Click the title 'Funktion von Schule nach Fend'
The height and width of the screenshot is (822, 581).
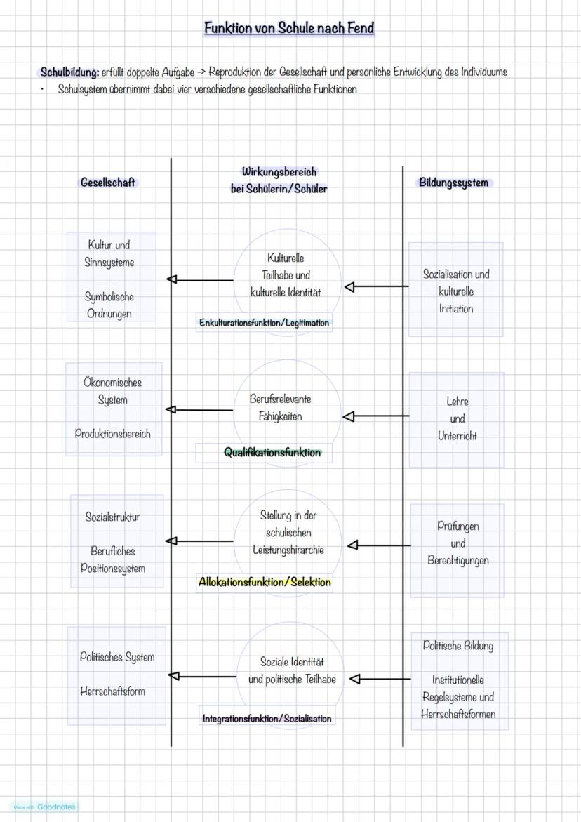[x=289, y=29]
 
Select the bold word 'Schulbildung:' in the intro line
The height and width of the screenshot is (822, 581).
[x=69, y=72]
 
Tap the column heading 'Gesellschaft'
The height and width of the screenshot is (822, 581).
[x=107, y=183]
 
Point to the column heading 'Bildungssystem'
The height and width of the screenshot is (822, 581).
[x=453, y=183]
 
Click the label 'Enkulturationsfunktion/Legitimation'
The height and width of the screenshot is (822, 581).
[x=264, y=323]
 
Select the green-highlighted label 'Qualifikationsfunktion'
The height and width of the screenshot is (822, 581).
[x=272, y=453]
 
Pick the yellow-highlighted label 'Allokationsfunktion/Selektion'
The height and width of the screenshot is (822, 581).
[x=265, y=582]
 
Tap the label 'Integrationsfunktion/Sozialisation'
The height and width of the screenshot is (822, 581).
[x=267, y=718]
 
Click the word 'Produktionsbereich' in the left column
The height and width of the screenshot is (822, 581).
[x=113, y=434]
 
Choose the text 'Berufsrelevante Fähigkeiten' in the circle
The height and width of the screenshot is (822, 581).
[x=280, y=407]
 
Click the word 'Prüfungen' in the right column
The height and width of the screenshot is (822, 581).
[x=458, y=526]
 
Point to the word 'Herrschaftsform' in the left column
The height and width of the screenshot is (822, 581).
[x=112, y=691]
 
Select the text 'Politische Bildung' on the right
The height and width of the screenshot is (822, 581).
[x=458, y=646]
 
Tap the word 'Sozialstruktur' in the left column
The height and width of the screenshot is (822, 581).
[x=113, y=517]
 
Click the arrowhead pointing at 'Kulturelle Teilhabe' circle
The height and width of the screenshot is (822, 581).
[x=349, y=287]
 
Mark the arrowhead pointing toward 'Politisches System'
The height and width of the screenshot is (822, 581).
[x=173, y=676]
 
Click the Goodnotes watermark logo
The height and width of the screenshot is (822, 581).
[x=44, y=807]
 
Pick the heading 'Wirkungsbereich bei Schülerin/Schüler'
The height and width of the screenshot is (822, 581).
[x=279, y=180]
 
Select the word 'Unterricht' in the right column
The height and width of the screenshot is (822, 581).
[x=458, y=436]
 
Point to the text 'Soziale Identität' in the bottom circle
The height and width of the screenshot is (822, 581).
[x=292, y=662]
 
